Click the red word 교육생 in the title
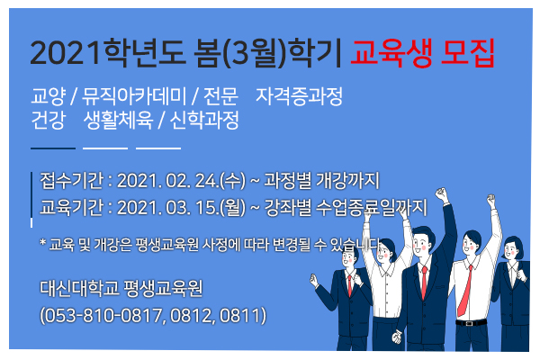pos(391,53)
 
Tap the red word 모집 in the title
pos(468,53)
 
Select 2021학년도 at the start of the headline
pos(107,53)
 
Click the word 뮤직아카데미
pos(134,96)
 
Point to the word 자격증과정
pos(299,96)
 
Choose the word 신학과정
pos(204,120)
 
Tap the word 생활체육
pos(118,120)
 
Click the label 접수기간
pos(71,180)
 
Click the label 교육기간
pos(71,207)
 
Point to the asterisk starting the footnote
pos(42,242)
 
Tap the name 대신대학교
pos(79,288)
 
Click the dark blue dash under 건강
pos(53,148)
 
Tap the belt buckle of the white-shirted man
pos(469,323)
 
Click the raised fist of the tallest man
pos(441,194)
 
